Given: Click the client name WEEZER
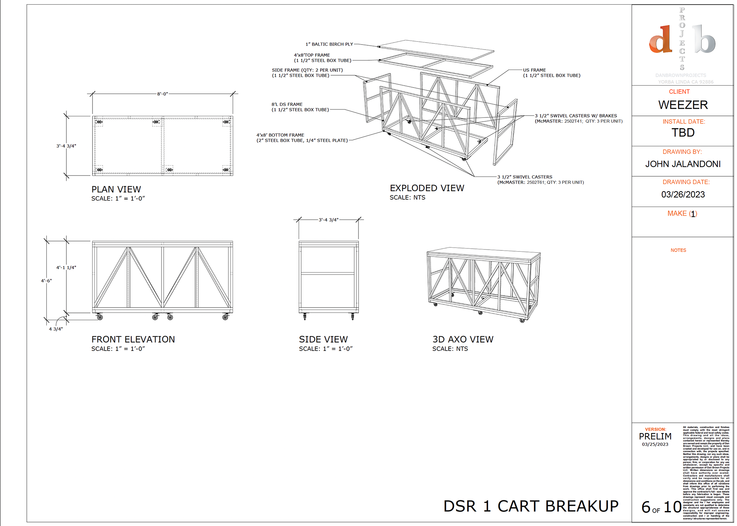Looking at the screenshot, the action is [683, 105].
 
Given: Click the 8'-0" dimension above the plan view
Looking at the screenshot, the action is [162, 94].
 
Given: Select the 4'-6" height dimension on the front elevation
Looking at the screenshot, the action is [46, 281].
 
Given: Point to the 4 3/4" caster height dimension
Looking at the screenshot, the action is [56, 329].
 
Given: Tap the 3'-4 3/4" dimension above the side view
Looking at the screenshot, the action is [329, 220].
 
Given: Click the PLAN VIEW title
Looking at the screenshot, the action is [116, 189].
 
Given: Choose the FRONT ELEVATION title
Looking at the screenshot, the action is [133, 339].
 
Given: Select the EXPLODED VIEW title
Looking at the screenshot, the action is [427, 188].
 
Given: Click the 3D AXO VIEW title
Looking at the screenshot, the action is [463, 339].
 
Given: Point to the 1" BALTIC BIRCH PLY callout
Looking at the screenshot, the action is [329, 44].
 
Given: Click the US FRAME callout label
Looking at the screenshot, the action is [534, 70].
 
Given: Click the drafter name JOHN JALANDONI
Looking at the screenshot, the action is [683, 164].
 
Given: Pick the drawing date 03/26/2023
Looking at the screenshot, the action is [683, 194].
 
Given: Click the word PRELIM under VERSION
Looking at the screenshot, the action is [655, 437].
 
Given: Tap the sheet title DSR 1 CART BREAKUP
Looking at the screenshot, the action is [531, 506].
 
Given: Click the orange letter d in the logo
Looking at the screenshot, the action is [661, 40].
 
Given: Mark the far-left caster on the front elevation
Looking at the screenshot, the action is [100, 317].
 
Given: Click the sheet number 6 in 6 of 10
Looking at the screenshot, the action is [646, 508].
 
